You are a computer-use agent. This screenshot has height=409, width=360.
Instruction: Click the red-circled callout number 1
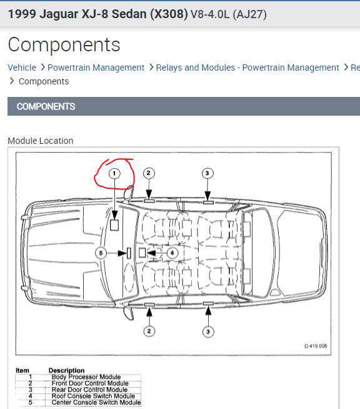click(114, 173)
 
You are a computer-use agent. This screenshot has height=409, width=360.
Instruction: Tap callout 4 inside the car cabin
click(172, 253)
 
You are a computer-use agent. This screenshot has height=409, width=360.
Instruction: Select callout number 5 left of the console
click(101, 253)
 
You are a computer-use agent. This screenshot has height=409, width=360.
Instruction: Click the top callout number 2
click(149, 173)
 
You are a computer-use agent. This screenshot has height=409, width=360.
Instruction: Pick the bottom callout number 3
click(208, 332)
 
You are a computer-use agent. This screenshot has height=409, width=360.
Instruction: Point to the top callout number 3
click(207, 173)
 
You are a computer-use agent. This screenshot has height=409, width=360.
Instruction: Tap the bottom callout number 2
click(149, 331)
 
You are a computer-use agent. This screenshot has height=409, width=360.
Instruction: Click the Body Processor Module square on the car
click(114, 225)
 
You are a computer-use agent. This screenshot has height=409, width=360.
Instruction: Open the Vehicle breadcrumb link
click(22, 68)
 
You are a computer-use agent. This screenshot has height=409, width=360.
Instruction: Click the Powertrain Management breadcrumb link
click(96, 68)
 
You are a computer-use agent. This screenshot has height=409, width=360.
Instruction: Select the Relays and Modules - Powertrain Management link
click(247, 68)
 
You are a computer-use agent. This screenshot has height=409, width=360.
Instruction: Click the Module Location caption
click(41, 141)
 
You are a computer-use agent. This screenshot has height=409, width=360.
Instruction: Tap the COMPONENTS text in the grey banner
click(46, 106)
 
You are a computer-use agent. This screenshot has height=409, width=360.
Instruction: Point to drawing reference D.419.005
click(316, 346)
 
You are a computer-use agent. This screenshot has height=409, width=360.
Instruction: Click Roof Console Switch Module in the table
click(93, 396)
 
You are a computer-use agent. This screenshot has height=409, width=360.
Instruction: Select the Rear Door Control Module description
click(89, 390)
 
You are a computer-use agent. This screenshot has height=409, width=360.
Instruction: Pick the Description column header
click(66, 370)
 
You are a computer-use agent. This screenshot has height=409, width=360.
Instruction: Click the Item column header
click(22, 370)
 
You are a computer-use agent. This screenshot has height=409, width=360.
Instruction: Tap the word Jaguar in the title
click(59, 14)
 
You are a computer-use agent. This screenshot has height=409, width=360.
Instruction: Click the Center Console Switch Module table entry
click(96, 403)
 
